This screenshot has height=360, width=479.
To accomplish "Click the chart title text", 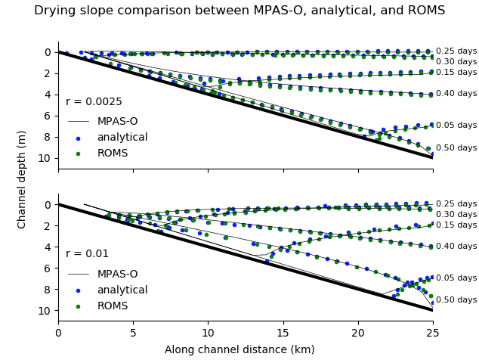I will [x=239, y=11].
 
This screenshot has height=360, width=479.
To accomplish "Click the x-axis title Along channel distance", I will [x=245, y=350].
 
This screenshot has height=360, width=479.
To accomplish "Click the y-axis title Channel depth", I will [x=23, y=179].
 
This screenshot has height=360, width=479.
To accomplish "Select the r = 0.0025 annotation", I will [x=94, y=101].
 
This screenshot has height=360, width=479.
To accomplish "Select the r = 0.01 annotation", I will [x=87, y=254].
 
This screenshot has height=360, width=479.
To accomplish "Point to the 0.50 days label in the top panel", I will [x=456, y=148].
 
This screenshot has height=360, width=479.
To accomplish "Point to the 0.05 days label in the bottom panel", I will [x=456, y=278].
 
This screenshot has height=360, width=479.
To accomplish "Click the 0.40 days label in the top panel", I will [x=456, y=94].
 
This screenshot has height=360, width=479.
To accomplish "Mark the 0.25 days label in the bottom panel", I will [x=456, y=204].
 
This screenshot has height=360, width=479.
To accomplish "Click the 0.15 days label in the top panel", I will [x=456, y=73].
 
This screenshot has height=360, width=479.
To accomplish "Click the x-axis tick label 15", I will [x=283, y=333].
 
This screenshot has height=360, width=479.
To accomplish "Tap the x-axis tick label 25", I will [x=433, y=333].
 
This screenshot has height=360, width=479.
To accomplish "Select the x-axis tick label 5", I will [x=133, y=333].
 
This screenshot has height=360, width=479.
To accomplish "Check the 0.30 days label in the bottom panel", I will [x=456, y=215].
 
